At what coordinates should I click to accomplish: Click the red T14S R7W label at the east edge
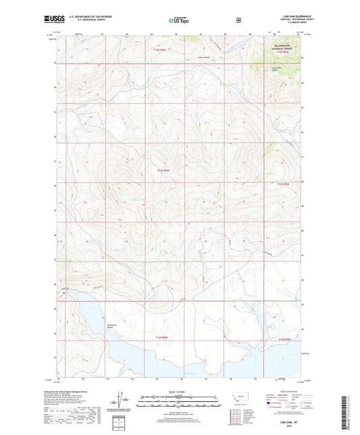285,339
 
